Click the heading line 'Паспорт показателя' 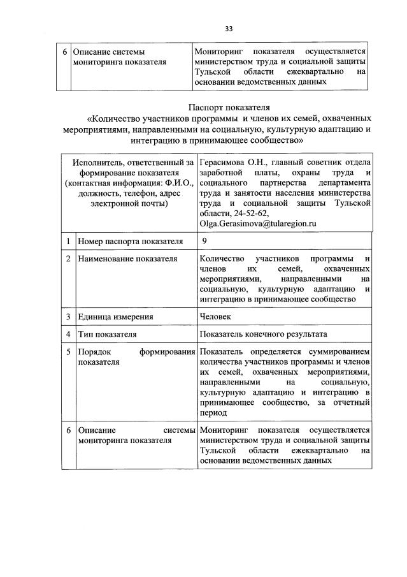(229, 107)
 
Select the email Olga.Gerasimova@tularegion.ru (258, 224)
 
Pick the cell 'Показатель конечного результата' (263, 333)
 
